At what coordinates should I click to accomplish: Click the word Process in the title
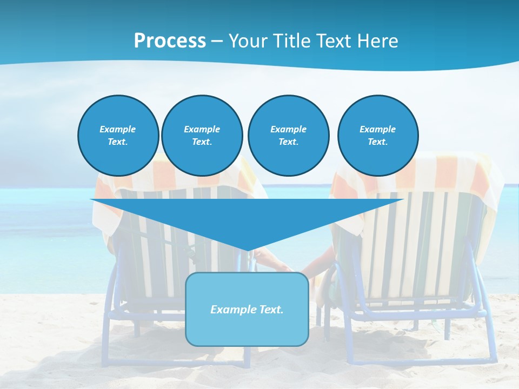170,41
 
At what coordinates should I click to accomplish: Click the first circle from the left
118,136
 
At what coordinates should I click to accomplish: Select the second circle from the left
202,136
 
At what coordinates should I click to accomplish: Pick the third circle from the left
288,136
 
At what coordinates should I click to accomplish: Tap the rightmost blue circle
377,136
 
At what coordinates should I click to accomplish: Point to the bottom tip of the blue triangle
247,250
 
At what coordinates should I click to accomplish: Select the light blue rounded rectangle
247,330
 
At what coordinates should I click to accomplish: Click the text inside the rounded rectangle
247,310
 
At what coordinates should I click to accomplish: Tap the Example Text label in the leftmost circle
118,136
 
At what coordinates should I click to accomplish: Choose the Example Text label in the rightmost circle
377,136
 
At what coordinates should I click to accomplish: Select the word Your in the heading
248,41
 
